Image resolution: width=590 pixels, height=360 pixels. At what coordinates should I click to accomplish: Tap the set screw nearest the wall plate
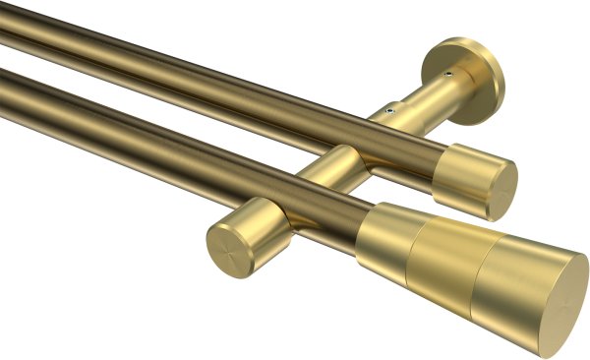coord(447,74)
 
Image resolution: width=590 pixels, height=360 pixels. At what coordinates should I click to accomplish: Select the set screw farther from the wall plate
coord(392,111)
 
